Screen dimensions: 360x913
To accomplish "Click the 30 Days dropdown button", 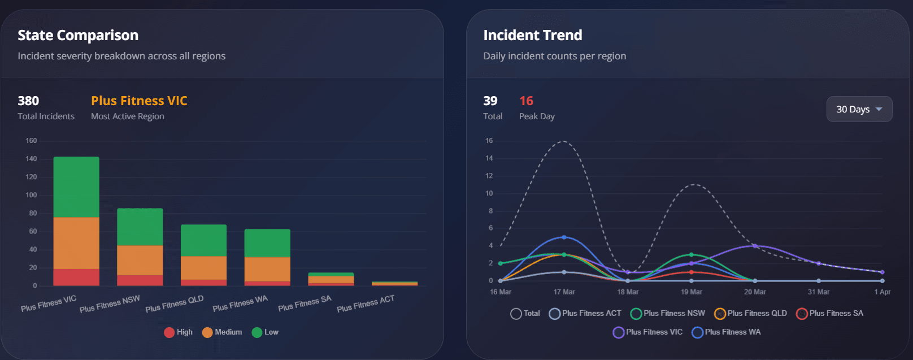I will (859, 109).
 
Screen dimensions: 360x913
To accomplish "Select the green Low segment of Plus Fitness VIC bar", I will (76, 186).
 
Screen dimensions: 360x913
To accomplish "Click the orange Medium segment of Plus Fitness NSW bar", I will (140, 260).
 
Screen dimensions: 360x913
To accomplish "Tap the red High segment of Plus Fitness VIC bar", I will (76, 277).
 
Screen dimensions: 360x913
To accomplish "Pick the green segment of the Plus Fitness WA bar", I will (267, 243).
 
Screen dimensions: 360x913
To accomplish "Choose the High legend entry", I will (178, 332).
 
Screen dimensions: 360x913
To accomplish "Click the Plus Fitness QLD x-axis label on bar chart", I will (174, 303).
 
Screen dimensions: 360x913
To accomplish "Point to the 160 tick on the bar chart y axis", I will (31, 141).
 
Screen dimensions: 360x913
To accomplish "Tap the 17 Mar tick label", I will (564, 292).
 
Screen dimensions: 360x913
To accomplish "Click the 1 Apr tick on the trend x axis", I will (882, 292).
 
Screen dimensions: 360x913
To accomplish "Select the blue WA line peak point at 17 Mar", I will (564, 237).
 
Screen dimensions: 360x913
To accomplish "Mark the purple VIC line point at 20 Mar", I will (755, 246).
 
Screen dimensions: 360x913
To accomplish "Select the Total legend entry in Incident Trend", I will (525, 314).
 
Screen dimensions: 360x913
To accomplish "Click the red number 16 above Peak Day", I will (526, 101).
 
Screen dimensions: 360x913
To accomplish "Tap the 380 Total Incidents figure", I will (28, 101).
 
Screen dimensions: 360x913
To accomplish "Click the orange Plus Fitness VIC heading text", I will (139, 101).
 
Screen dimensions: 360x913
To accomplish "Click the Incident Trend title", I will (532, 36).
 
